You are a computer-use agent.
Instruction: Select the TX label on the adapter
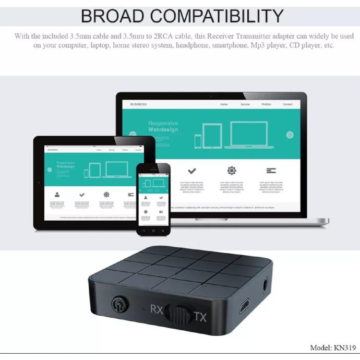pyautogui.click(x=200, y=316)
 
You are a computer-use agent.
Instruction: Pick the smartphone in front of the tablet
pyautogui.click(x=153, y=198)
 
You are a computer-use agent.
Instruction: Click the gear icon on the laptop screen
pyautogui.click(x=232, y=171)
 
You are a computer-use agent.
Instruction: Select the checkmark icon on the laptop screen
pyautogui.click(x=192, y=171)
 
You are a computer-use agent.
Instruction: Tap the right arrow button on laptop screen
pyautogui.click(x=290, y=135)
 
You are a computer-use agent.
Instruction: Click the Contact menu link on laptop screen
pyautogui.click(x=287, y=104)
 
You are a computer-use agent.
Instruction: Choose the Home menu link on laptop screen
pyautogui.click(x=224, y=104)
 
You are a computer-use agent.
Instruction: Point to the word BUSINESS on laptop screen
pyautogui.click(x=138, y=104)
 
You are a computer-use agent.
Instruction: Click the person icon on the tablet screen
pyautogui.click(x=57, y=195)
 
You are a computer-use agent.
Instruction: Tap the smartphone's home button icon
pyautogui.click(x=153, y=230)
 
